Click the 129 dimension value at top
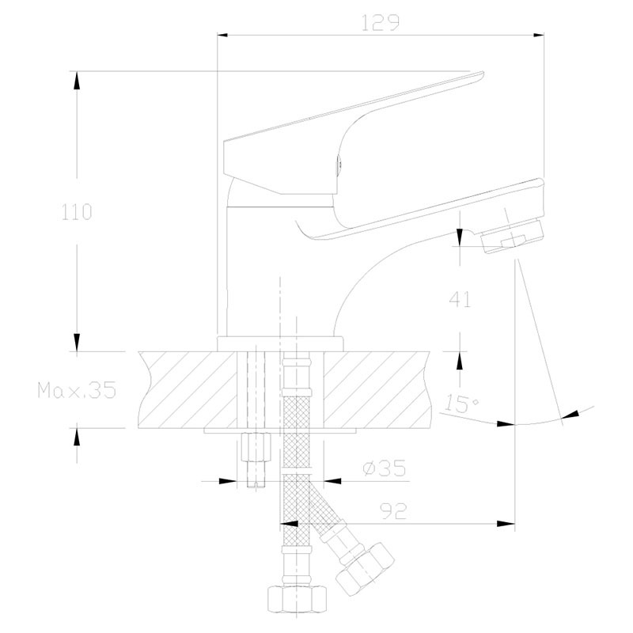point(380,23)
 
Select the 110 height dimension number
point(77,212)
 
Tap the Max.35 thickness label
point(77,390)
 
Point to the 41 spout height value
point(460,299)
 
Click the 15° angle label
point(462,404)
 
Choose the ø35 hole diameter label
point(385,468)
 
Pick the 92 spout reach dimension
point(393,512)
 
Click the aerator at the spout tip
point(513,235)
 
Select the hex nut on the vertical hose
point(298,599)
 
